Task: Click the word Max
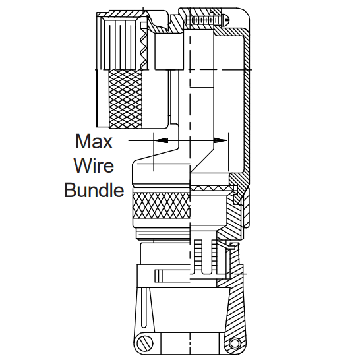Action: coord(94,141)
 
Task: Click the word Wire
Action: coord(94,165)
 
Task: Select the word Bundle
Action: coord(94,190)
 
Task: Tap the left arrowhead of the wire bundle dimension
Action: coord(161,140)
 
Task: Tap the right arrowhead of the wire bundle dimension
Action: coord(220,140)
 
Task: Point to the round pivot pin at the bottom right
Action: coord(235,344)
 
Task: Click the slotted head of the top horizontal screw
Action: coord(226,20)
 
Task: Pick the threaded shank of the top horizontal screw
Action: coord(206,20)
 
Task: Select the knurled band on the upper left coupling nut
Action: coord(125,99)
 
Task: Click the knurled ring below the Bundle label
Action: coord(162,206)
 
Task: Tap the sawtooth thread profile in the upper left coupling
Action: coord(144,48)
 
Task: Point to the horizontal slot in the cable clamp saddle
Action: coord(172,276)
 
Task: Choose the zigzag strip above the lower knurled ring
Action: coord(210,189)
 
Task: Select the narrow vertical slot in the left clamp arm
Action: coord(144,308)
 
